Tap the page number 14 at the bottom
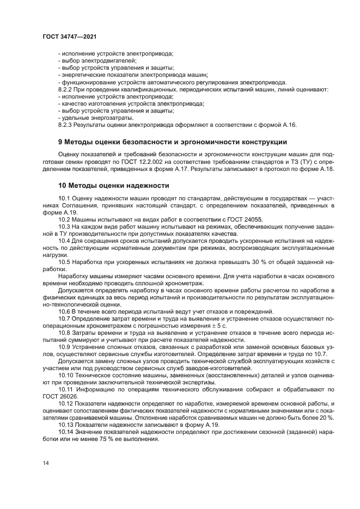click(45, 463)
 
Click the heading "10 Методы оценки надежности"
click(113, 186)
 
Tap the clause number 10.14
click(66, 432)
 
